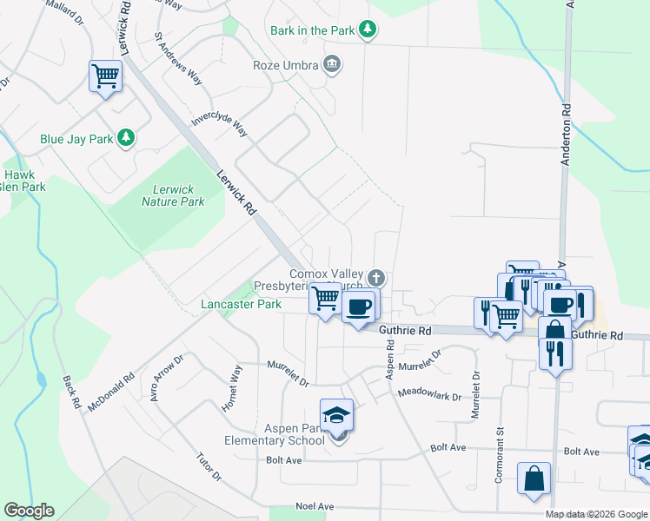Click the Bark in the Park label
pos(312,30)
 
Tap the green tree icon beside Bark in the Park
pos(368,30)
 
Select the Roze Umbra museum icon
pos(331,64)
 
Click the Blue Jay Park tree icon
pos(126,138)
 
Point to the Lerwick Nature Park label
pos(173,195)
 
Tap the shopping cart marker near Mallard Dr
pos(105,76)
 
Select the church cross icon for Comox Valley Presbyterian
pos(375,279)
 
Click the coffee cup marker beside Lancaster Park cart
pos(357,307)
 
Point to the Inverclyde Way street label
pos(220,124)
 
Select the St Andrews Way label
pos(178,59)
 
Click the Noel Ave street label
pos(315,506)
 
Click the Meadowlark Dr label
pos(429,394)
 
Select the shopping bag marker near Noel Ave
pos(534,479)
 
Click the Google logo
pos(29,511)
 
